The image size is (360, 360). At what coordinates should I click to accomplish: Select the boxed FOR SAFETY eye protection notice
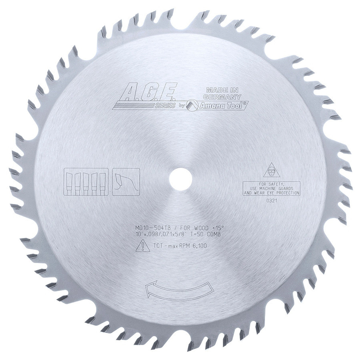click(x=272, y=188)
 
